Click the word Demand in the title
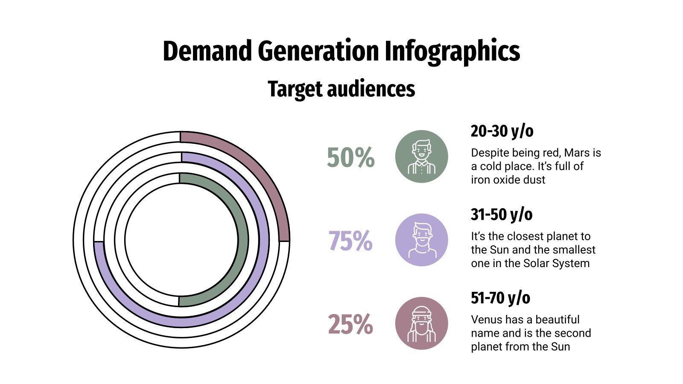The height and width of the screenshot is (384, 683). [208, 51]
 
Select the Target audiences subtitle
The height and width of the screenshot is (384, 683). [341, 89]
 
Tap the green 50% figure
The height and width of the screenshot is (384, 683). [350, 157]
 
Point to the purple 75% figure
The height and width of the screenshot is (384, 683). [350, 241]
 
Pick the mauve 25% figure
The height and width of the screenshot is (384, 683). [350, 325]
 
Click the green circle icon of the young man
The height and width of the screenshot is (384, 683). [421, 157]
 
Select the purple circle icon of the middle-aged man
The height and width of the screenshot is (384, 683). [421, 240]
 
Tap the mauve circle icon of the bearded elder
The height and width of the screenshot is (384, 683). [421, 323]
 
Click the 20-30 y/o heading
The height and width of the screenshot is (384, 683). [502, 131]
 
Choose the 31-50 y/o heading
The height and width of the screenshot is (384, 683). [502, 215]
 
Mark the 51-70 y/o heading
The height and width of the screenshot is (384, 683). [500, 298]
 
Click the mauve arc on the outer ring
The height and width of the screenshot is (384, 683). [256, 171]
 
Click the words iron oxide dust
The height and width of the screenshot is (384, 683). [508, 180]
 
